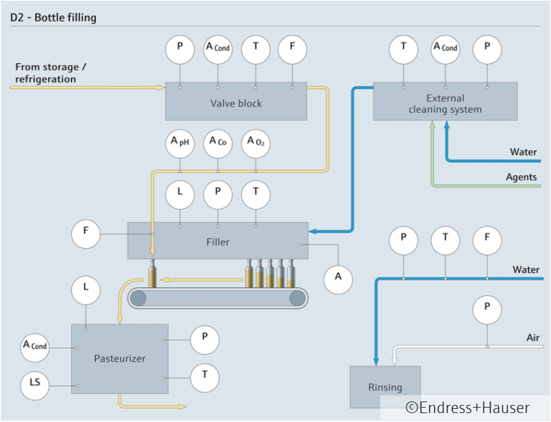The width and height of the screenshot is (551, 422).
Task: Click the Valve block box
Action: [236, 103]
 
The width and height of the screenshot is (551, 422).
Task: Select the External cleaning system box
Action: [445, 103]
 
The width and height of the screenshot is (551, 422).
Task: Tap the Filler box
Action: [218, 241]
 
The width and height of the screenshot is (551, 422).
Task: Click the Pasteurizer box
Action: [120, 358]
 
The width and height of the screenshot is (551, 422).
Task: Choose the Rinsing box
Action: [384, 387]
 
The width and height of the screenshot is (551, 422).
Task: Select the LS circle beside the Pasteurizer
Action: [35, 386]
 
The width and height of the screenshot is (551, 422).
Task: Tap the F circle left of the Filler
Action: [86, 232]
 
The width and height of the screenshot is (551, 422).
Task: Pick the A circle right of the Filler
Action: [338, 277]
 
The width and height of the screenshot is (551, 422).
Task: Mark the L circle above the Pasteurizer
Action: [86, 288]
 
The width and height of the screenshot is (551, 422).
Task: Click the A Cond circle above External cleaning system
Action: [445, 48]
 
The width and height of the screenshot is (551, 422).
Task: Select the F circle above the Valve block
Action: [293, 48]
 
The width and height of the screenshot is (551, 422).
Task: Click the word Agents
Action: [521, 177]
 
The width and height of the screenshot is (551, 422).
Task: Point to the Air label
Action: [532, 338]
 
